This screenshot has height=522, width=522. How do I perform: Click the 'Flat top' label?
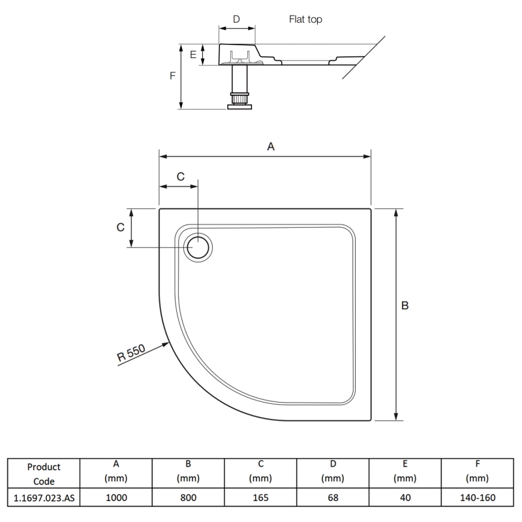coord(305,20)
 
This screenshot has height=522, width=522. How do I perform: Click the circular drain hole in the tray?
coord(198,247)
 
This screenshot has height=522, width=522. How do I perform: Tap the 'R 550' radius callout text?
coord(131,353)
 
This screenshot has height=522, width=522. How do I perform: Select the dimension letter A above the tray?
coord(271,147)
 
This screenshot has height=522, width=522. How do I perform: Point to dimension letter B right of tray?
coord(405,305)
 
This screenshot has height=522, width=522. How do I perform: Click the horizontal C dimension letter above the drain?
coord(181,176)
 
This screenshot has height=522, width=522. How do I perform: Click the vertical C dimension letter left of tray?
coord(120,227)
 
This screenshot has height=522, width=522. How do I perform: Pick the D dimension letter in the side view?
coord(236,20)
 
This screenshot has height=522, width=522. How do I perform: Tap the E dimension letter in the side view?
coord(193,55)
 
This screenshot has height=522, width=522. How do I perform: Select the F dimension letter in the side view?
coord(172,76)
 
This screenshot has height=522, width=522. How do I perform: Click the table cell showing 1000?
coord(115,498)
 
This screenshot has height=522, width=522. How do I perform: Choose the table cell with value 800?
coord(188,498)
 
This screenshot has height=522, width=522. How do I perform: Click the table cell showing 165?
coord(260,498)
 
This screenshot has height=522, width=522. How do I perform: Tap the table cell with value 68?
coord(333,498)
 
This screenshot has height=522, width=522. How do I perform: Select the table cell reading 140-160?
coord(477,498)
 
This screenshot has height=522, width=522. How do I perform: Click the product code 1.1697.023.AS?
coord(44,498)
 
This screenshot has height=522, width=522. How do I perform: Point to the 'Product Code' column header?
coord(44,474)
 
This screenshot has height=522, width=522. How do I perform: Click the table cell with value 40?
coord(405,498)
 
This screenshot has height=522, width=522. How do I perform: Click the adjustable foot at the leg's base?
coord(239,102)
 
